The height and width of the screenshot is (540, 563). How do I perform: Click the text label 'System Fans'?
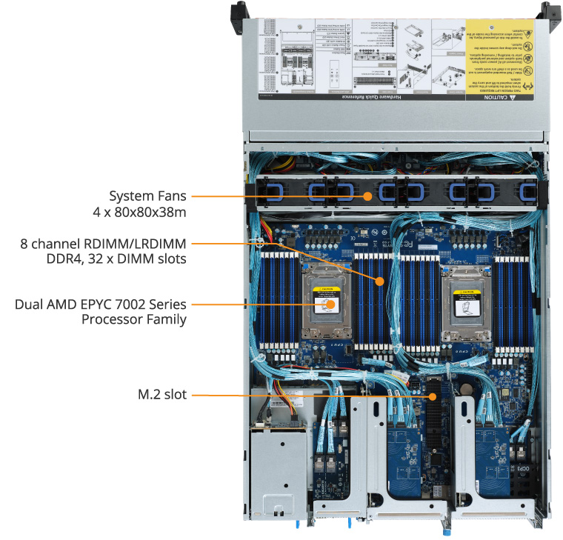(147, 196)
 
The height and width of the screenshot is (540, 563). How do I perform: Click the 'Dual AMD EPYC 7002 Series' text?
(100, 304)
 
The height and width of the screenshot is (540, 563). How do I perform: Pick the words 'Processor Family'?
(133, 320)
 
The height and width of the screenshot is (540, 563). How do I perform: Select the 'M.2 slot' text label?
(161, 396)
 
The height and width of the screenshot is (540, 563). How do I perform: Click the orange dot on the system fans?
(367, 196)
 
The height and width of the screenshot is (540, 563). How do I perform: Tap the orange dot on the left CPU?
(331, 304)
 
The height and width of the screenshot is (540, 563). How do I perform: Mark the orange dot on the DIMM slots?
(379, 281)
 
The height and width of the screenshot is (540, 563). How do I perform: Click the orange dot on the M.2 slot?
(432, 396)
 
